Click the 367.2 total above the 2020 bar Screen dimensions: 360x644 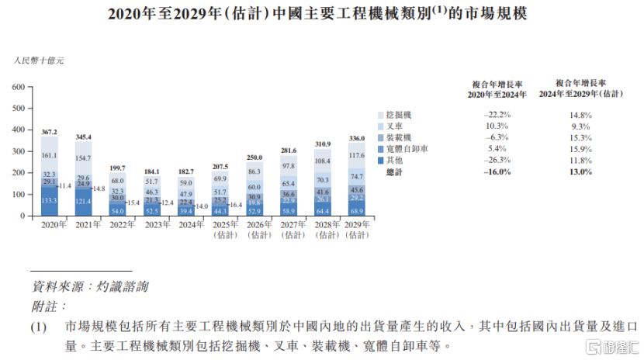[50, 133]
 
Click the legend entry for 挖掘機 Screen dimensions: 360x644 [401, 115]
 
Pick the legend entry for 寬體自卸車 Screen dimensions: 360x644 [408, 148]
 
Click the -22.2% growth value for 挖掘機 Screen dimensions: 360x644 [496, 115]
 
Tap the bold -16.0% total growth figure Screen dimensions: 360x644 [496, 171]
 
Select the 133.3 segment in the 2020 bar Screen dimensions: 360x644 [50, 201]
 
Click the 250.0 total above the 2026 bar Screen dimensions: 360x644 [254, 157]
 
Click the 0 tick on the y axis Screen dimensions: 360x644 [23, 216]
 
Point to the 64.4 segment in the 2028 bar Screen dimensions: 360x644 [322, 209]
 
